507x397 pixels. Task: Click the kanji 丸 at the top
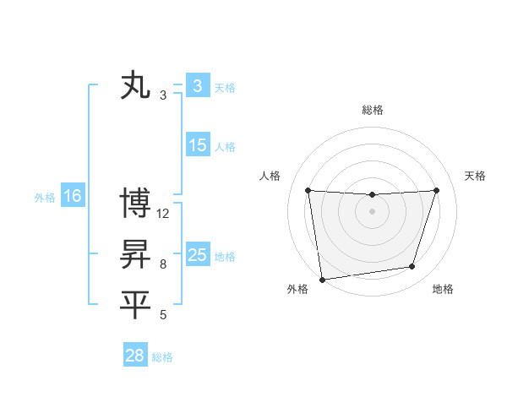136,86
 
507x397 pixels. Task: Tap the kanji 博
136,204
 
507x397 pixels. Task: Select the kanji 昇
136,254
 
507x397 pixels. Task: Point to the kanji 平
136,305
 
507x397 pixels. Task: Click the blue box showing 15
198,145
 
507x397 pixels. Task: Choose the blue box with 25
198,255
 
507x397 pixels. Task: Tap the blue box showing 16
73,197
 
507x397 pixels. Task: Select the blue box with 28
135,356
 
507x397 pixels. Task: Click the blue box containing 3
198,86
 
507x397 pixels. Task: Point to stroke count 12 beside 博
163,214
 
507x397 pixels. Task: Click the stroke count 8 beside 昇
163,264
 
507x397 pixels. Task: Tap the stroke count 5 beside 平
163,315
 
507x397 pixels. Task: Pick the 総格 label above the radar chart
372,110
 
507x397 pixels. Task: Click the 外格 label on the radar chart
297,289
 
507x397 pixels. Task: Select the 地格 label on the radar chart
443,289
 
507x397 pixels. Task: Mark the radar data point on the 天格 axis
436,190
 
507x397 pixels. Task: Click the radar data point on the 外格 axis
322,279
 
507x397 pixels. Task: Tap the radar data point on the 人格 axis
308,190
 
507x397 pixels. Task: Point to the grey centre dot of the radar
372,211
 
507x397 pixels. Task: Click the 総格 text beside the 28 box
162,357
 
